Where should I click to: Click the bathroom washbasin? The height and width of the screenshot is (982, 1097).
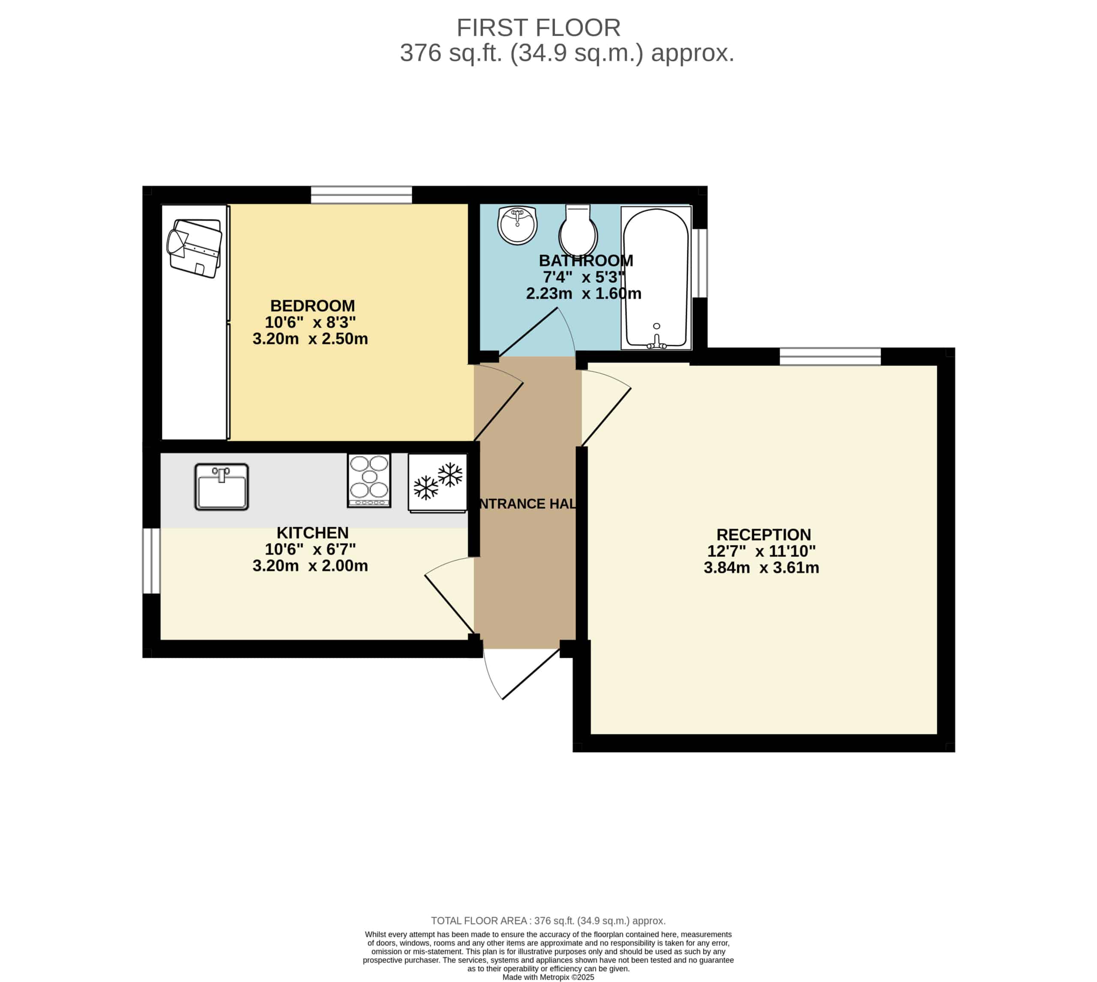pyautogui.click(x=517, y=225)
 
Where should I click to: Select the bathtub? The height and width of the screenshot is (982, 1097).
pyautogui.click(x=656, y=278)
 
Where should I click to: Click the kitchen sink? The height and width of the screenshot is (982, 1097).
pyautogui.click(x=222, y=487)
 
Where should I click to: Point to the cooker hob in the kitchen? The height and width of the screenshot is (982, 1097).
pyautogui.click(x=369, y=480)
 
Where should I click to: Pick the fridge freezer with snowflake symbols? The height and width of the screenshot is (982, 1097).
pyautogui.click(x=437, y=483)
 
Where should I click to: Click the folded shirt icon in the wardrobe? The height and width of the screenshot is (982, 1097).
pyautogui.click(x=195, y=248)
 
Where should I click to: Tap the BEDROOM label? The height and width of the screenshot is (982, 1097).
pyautogui.click(x=312, y=306)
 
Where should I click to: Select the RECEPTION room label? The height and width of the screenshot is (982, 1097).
pyautogui.click(x=763, y=535)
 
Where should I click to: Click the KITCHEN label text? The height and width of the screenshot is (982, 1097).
pyautogui.click(x=312, y=533)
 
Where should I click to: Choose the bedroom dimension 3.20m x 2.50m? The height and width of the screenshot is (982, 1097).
pyautogui.click(x=310, y=339)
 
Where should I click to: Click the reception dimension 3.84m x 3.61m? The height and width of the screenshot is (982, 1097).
pyautogui.click(x=761, y=567)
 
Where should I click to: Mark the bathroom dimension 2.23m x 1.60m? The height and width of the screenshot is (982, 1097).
pyautogui.click(x=584, y=293)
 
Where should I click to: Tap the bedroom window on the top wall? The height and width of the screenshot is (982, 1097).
pyautogui.click(x=361, y=195)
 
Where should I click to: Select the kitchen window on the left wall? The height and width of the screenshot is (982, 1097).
pyautogui.click(x=151, y=561)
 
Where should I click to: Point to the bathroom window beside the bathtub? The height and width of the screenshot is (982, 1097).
pyautogui.click(x=700, y=263)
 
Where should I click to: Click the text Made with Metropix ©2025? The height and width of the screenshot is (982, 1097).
pyautogui.click(x=548, y=977)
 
